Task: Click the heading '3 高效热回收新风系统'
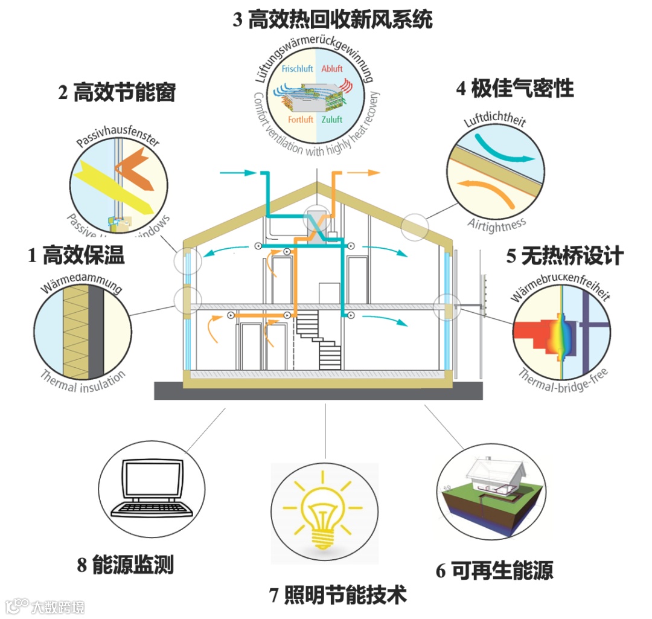tap(333, 21)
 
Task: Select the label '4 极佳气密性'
tap(514, 89)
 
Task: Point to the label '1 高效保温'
tap(76, 255)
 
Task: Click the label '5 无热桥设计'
tap(564, 256)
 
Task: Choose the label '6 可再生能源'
tap(494, 570)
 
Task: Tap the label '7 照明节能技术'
tap(337, 595)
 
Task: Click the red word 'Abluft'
tap(331, 68)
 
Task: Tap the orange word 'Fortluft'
tap(300, 120)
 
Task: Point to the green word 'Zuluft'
tap(331, 120)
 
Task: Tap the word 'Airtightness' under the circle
tap(496, 223)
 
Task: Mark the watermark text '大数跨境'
tap(58, 606)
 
